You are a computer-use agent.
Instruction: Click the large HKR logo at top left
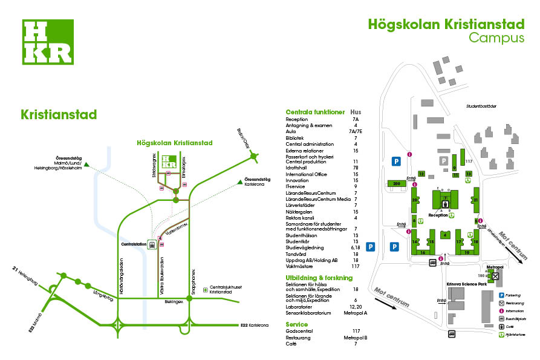tap(48, 42)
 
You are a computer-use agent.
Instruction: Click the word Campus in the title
tap(496, 38)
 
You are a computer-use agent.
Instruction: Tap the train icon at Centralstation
tap(152, 245)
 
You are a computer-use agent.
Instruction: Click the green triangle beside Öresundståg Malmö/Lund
tap(87, 165)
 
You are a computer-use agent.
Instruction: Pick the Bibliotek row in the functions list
tap(295, 138)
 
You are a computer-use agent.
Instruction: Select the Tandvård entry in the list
tap(296, 254)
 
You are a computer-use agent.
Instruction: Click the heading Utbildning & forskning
tap(319, 277)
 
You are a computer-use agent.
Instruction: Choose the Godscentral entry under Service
tap(300, 331)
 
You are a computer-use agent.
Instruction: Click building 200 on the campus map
tap(397, 183)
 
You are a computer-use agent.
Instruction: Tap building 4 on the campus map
tap(445, 234)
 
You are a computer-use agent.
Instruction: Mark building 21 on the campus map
tap(476, 200)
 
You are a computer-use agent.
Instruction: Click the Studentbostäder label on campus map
tap(481, 106)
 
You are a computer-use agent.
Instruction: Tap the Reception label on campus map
tap(438, 215)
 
